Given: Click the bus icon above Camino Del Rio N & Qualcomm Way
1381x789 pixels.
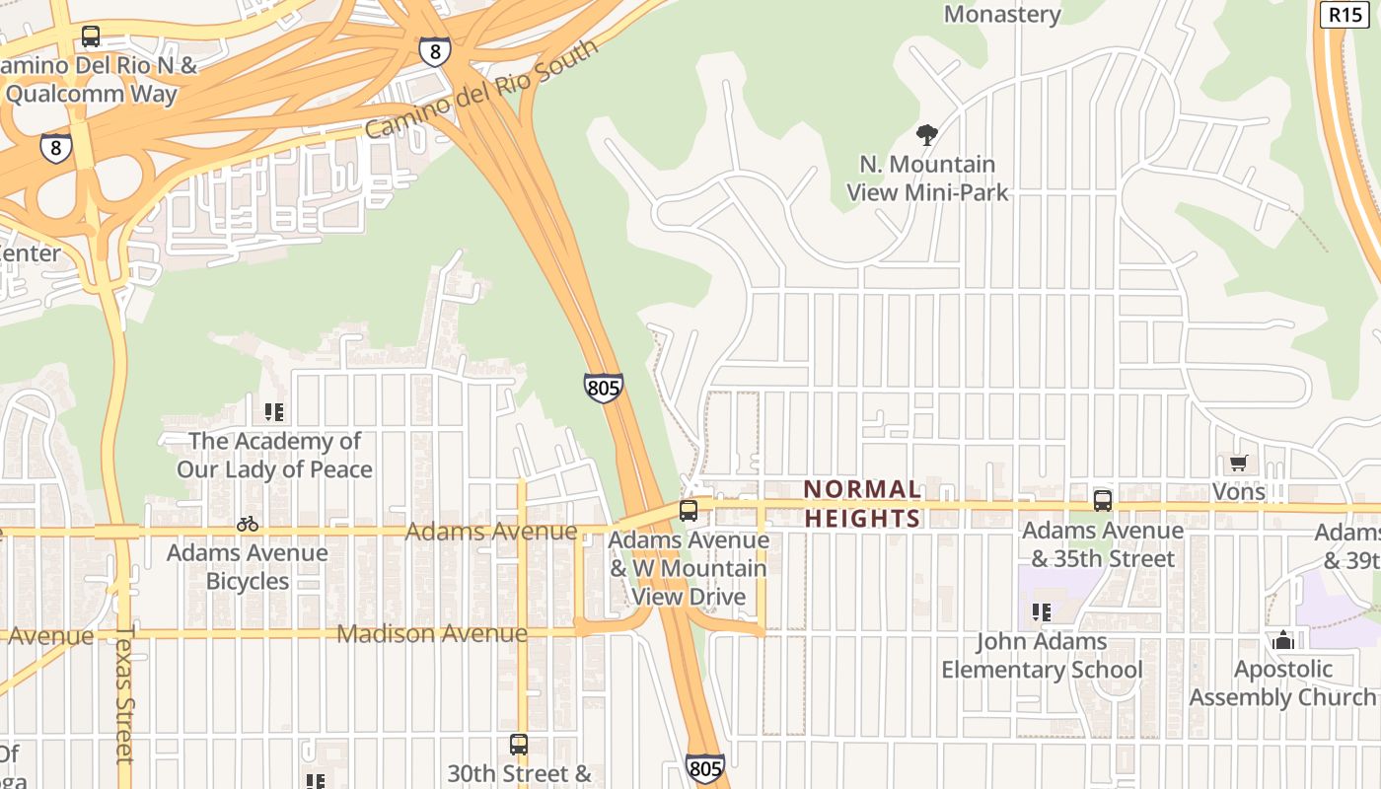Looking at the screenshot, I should tap(91, 37).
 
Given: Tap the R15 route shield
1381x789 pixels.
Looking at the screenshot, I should tap(1345, 14).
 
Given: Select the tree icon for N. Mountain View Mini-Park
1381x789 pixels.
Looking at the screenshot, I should tap(926, 135).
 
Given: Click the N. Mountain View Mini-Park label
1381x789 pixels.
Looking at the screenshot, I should tap(927, 178).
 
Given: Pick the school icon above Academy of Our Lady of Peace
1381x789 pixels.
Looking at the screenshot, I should tap(273, 412).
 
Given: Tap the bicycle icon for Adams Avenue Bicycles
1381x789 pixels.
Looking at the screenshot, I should tap(247, 524).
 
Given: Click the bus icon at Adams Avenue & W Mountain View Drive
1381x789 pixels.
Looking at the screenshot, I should tap(689, 511).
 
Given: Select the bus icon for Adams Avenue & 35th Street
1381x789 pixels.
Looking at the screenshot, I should tap(1102, 501).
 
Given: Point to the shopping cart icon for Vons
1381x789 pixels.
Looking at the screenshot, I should tap(1238, 464).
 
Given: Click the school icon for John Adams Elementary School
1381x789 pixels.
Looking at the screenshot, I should tap(1041, 612).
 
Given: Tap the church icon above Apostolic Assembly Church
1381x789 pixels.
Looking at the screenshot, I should tap(1282, 640).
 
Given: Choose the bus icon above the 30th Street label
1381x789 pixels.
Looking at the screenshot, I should tap(519, 745).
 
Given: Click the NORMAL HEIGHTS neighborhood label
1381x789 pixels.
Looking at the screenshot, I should tap(862, 503).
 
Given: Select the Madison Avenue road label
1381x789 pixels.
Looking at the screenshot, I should tap(432, 633).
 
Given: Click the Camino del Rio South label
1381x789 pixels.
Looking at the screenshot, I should tap(481, 89).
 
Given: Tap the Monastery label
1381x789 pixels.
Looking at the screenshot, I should tap(1002, 14).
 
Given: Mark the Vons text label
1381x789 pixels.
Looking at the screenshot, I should tap(1238, 491).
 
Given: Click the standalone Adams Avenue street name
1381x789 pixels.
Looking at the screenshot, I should tap(491, 532).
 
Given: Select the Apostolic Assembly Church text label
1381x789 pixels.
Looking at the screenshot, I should tap(1282, 682).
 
